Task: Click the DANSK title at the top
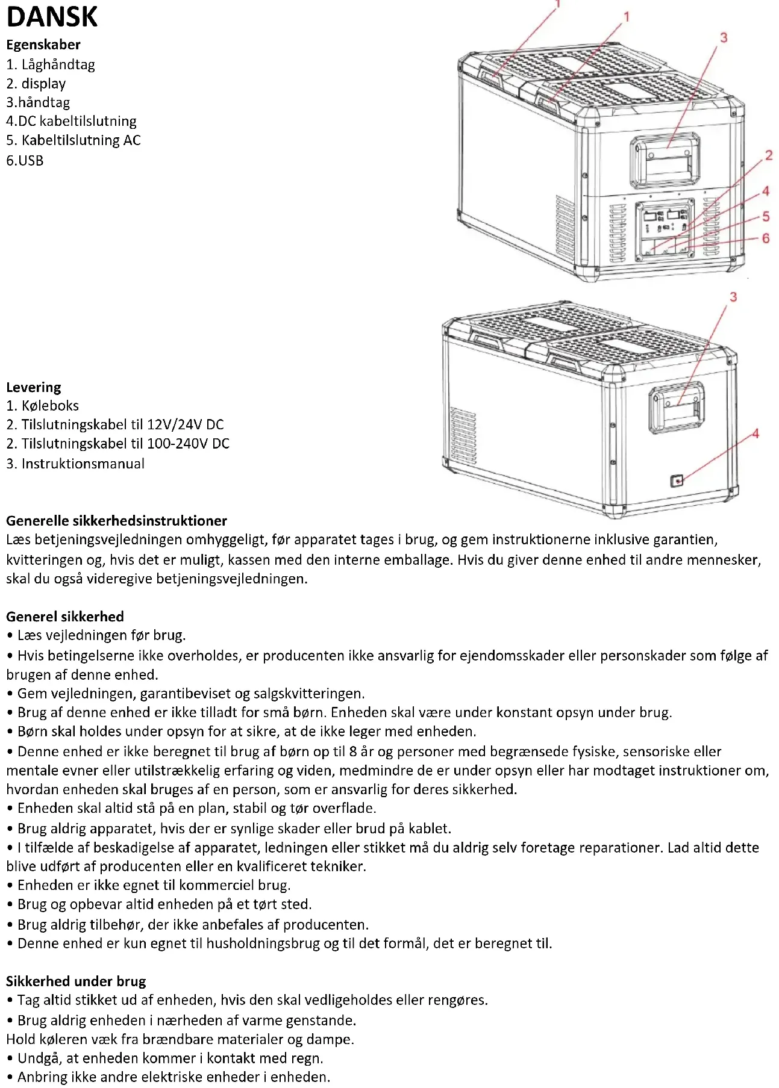coord(52,16)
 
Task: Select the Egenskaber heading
coord(43,45)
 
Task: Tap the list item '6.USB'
coord(25,160)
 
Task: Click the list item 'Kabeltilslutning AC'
coord(81,140)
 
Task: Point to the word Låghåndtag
coord(58,64)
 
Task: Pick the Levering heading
coord(34,387)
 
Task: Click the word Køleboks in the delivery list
coord(50,406)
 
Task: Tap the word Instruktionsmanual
coord(83,464)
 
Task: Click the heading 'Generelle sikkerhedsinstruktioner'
coord(116,521)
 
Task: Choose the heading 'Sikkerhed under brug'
coord(76,981)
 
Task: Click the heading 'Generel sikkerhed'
coord(65,617)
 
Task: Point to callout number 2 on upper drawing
coord(768,155)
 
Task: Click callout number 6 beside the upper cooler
coord(765,238)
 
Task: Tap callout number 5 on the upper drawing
coord(765,216)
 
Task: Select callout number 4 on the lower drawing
coord(755,434)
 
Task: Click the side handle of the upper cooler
coord(666,161)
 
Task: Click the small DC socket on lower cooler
coord(677,480)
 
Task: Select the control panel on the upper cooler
coord(664,229)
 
